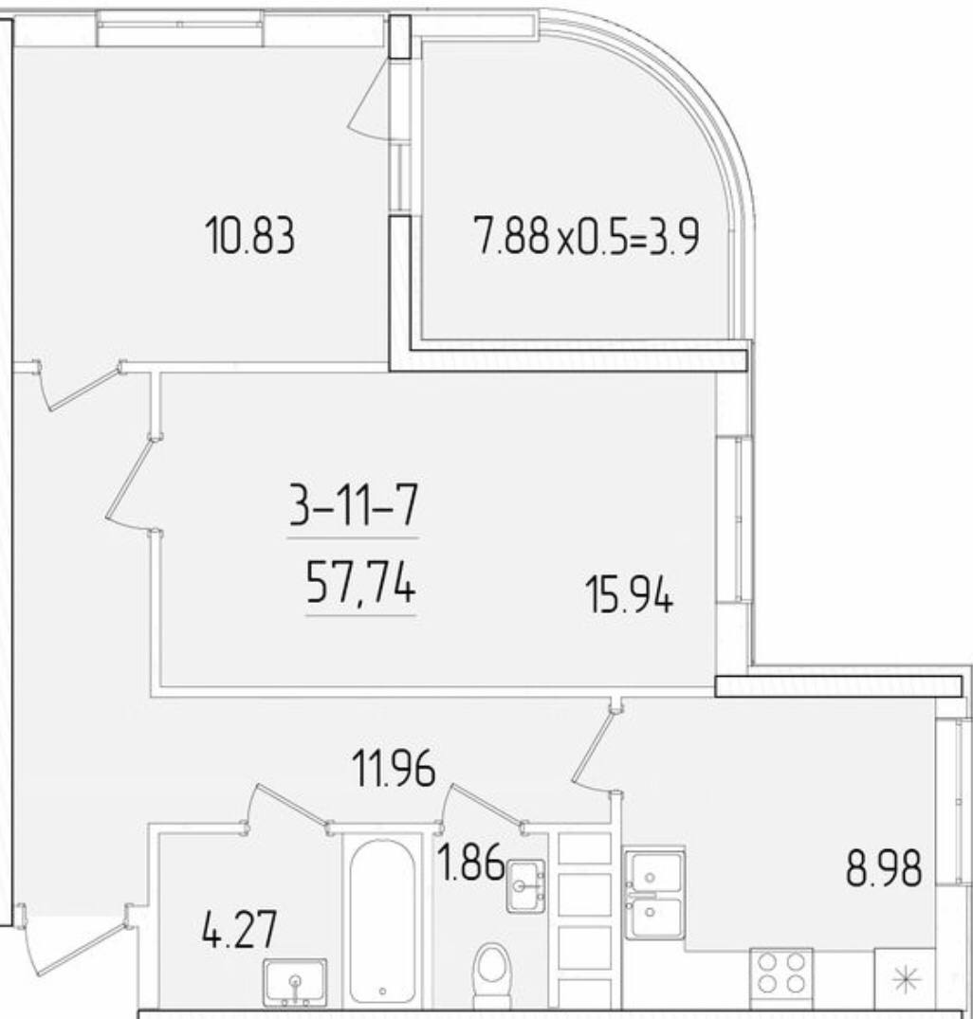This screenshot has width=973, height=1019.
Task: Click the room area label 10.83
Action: [x=249, y=236]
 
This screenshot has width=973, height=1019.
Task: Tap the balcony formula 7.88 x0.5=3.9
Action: [x=587, y=236]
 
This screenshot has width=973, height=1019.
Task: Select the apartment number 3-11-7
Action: [x=353, y=505]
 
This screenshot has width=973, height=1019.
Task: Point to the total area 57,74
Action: [x=360, y=583]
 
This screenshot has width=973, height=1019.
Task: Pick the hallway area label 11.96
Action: [x=394, y=768]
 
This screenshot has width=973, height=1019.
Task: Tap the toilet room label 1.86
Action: [x=471, y=862]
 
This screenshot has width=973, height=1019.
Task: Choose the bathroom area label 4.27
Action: [x=240, y=929]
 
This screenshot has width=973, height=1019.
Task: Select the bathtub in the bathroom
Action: [x=382, y=920]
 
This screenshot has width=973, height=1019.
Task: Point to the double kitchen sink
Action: [x=653, y=893]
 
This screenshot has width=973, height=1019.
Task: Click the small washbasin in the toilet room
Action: [x=525, y=885]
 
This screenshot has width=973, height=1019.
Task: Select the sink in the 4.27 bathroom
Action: [x=294, y=981]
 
